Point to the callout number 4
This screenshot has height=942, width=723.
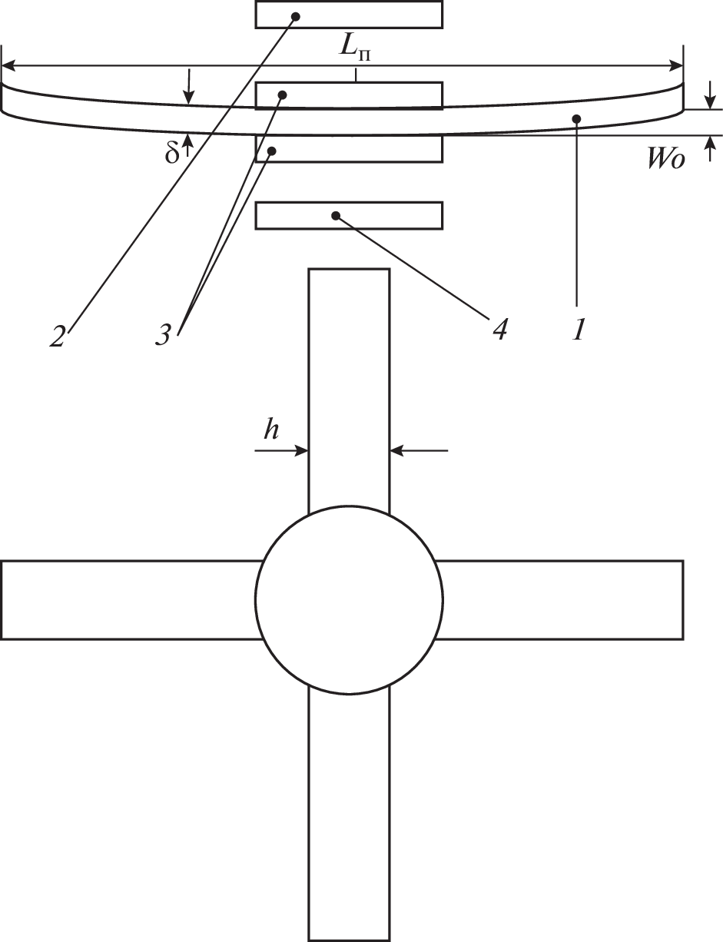499,330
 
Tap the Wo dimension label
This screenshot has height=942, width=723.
666,159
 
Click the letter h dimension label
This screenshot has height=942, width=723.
271,430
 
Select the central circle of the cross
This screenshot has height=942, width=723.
349,599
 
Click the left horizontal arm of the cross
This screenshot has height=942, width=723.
130,599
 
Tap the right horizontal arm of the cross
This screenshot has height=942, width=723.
559,599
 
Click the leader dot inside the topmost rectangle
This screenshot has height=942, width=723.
296,16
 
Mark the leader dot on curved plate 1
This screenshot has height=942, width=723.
576,118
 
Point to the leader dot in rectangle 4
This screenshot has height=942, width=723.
335,215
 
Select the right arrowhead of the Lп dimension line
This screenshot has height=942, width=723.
676,66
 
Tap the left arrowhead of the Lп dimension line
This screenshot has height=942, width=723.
8,66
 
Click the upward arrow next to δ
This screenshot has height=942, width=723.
187,145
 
